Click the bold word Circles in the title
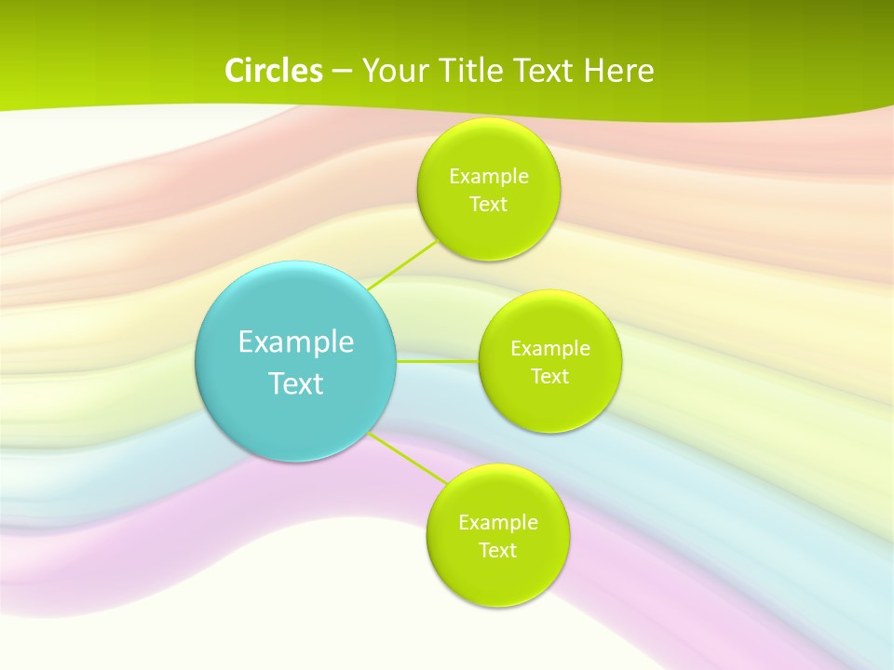[274, 71]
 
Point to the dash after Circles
[342, 72]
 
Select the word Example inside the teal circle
[296, 342]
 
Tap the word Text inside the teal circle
[296, 383]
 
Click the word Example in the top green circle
[489, 177]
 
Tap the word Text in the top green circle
[488, 205]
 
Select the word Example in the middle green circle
[550, 349]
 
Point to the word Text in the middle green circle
[549, 377]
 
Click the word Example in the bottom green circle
[498, 523]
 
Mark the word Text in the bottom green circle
[497, 551]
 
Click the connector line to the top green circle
[402, 265]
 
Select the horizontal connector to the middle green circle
[438, 360]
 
